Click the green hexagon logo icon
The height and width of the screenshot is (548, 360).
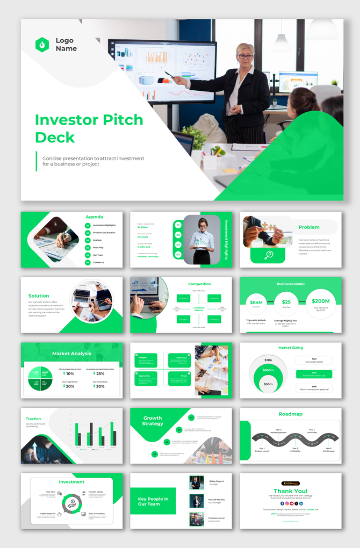[42, 45]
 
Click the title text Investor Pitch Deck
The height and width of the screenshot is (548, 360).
[89, 128]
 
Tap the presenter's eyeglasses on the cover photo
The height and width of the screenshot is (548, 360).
[245, 56]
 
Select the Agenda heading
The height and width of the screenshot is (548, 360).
[94, 217]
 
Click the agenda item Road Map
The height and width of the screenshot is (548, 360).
[98, 248]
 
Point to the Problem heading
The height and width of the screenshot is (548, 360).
[309, 227]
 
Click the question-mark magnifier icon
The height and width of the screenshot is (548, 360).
[269, 255]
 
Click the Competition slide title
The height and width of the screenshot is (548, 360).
[199, 284]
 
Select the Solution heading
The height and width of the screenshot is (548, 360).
[39, 295]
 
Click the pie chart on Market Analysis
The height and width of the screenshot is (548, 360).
[41, 378]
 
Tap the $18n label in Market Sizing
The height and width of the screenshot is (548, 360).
[268, 359]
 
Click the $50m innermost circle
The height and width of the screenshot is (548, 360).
[268, 384]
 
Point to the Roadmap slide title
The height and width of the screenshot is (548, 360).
[290, 414]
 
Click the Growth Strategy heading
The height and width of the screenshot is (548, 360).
[153, 421]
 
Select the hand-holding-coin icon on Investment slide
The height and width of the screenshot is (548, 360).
[71, 503]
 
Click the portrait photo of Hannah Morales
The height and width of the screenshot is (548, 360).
[197, 501]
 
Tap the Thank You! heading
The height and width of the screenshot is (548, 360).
[290, 491]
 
